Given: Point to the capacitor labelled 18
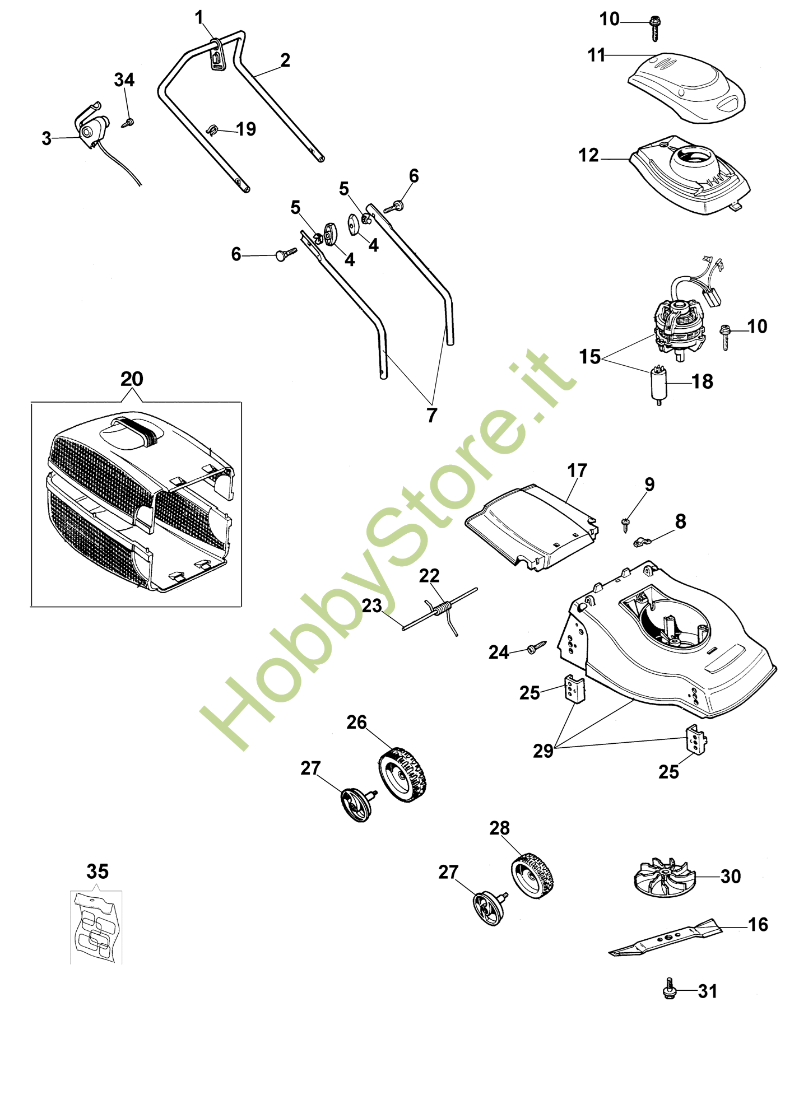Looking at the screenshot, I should (658, 383).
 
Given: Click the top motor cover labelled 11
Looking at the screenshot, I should (686, 87).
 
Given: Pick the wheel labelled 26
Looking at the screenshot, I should (402, 774).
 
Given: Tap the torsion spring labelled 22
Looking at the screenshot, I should (444, 609).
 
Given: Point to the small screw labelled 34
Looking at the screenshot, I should (129, 122).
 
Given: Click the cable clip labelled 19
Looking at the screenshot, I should (212, 130).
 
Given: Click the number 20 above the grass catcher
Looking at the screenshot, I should (132, 379).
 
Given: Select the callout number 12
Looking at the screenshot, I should (588, 155).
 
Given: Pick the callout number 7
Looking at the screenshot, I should (431, 415).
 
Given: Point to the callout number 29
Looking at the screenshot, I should (543, 751).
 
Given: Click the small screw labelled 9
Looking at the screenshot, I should (626, 523).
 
